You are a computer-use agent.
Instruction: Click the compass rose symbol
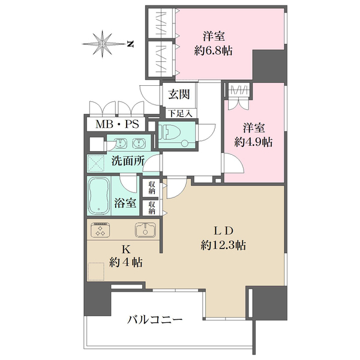(103, 44)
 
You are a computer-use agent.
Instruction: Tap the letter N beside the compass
(130, 44)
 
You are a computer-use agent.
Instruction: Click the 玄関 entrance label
(179, 94)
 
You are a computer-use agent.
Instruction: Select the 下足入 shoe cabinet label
(181, 113)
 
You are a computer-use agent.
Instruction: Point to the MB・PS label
(117, 124)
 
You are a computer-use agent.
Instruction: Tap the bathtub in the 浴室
(99, 196)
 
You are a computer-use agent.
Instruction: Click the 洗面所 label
(128, 161)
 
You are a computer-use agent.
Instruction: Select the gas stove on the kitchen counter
(101, 230)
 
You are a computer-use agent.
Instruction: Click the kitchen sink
(146, 230)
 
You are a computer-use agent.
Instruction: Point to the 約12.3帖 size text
(223, 245)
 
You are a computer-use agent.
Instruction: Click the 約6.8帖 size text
(213, 50)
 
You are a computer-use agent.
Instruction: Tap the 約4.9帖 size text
(253, 142)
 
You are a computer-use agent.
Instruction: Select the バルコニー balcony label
(155, 319)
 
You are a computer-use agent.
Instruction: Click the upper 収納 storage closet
(152, 188)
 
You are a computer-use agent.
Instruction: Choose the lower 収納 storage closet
(152, 208)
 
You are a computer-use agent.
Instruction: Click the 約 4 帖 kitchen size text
(126, 262)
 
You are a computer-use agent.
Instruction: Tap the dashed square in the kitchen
(96, 271)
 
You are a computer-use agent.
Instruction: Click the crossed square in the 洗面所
(96, 163)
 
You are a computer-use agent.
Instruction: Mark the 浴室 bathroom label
(125, 203)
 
